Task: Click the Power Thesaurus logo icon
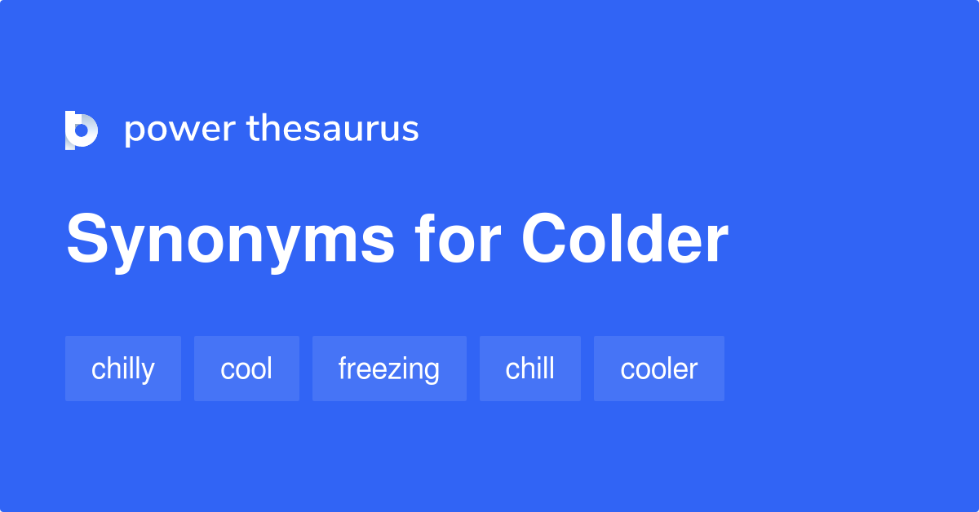[x=82, y=130]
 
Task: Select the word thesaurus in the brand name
[x=333, y=130]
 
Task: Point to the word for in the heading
[x=458, y=240]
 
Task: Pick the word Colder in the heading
[x=625, y=240]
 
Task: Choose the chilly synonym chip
[x=123, y=369]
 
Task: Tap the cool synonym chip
[x=246, y=369]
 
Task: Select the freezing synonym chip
[x=389, y=369]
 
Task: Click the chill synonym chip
[x=530, y=369]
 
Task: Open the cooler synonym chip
[x=659, y=369]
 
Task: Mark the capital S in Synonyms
[x=88, y=240]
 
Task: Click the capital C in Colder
[x=547, y=240]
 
